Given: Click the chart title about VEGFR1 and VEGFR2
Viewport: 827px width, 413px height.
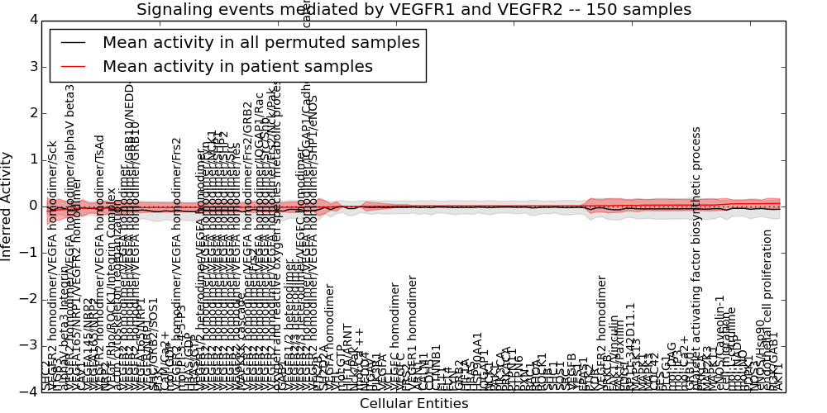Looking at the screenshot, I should point(413,10).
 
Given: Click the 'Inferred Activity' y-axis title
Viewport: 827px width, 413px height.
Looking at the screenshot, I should point(7,206).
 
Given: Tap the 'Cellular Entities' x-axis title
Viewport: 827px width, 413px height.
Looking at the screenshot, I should point(413,403).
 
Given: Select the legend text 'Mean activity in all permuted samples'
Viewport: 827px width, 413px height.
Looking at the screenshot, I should point(261,43).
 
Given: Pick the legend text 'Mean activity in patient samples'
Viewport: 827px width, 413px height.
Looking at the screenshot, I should point(237,66).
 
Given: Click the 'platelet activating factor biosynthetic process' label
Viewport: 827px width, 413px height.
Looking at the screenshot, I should point(696,256).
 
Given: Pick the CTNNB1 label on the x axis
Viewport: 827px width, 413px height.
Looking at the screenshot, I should point(437,368).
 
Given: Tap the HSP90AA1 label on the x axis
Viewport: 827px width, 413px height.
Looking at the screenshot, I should point(477,361).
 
